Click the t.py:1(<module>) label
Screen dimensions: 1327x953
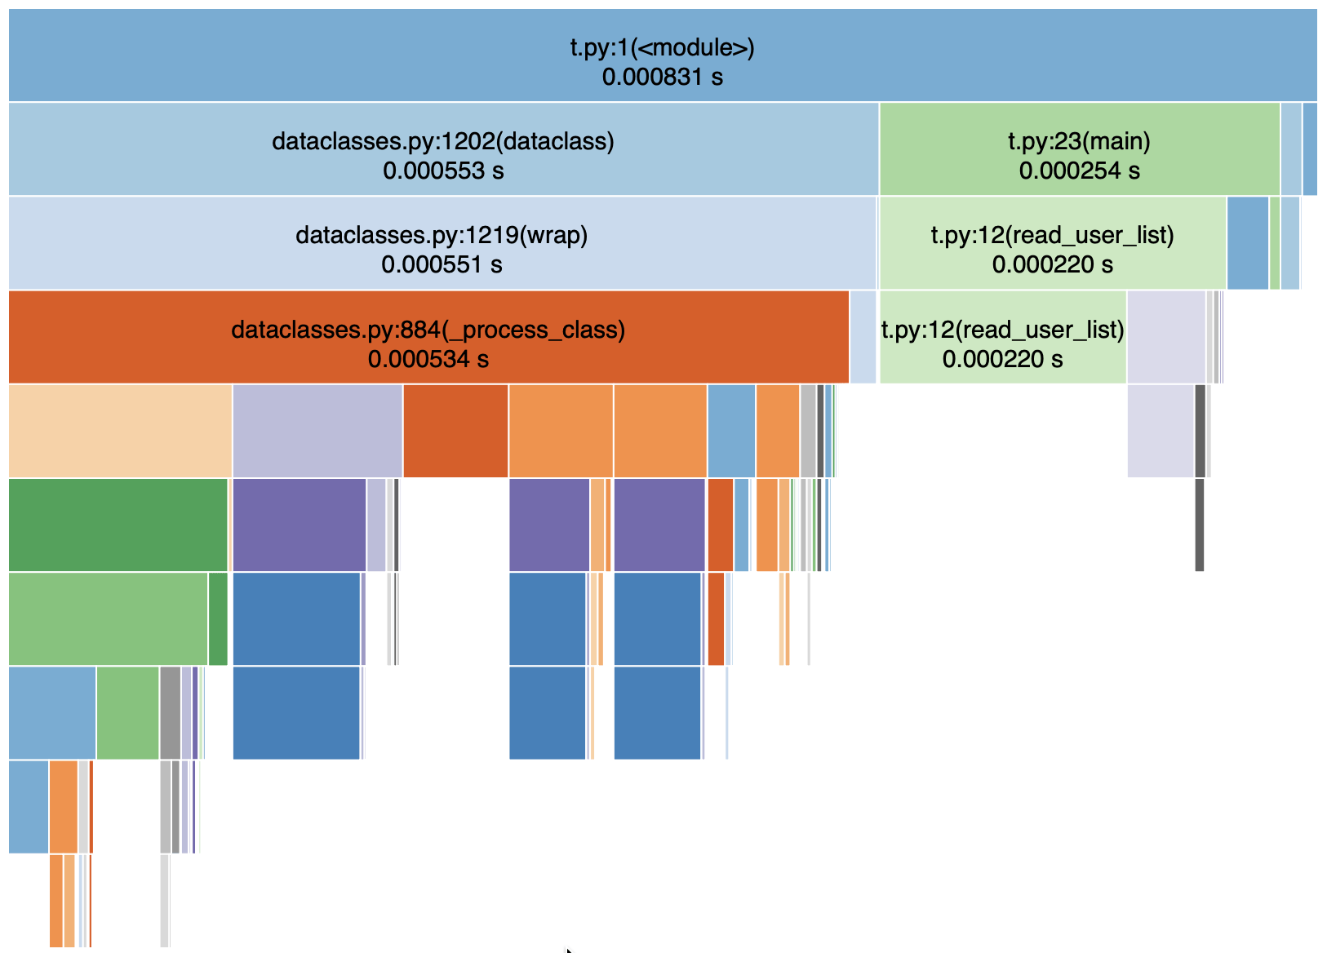[663, 47]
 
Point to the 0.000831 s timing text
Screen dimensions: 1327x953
[663, 77]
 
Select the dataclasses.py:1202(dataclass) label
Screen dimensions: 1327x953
[443, 141]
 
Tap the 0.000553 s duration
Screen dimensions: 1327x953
[443, 171]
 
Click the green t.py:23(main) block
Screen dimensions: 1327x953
[1080, 148]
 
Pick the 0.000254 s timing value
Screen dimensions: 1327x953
[1080, 171]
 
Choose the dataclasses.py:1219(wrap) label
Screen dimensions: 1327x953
[442, 235]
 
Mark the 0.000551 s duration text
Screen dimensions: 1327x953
[442, 264]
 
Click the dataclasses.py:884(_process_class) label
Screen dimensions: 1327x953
[428, 330]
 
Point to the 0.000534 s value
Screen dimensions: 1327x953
[428, 359]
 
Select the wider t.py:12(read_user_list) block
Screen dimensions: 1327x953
[1053, 243]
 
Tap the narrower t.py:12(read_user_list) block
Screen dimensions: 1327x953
[1003, 337]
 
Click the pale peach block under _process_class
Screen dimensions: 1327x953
[120, 431]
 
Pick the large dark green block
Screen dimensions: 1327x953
[118, 525]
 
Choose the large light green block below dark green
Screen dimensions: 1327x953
[108, 619]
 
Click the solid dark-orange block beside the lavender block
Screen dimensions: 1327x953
[455, 431]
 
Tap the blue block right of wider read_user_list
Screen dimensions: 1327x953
[1248, 243]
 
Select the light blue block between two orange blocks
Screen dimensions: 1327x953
[731, 431]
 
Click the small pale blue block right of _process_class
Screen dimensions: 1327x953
[863, 337]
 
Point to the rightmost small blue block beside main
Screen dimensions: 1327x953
[1310, 148]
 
